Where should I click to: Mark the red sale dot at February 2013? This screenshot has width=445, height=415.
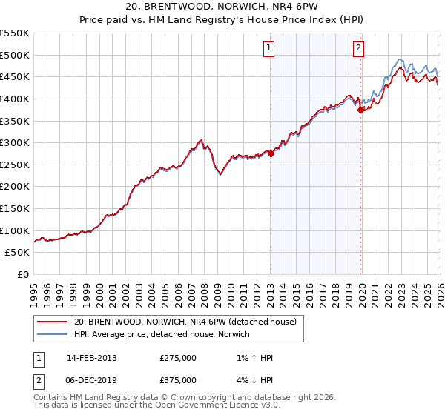tap(271, 153)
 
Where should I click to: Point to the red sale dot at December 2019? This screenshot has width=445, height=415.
tap(361, 110)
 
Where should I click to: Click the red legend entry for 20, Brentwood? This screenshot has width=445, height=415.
tap(185, 322)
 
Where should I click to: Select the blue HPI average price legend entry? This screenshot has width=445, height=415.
tap(162, 334)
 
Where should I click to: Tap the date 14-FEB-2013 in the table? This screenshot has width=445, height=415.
tap(92, 358)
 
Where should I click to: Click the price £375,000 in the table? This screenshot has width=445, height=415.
tap(178, 380)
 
